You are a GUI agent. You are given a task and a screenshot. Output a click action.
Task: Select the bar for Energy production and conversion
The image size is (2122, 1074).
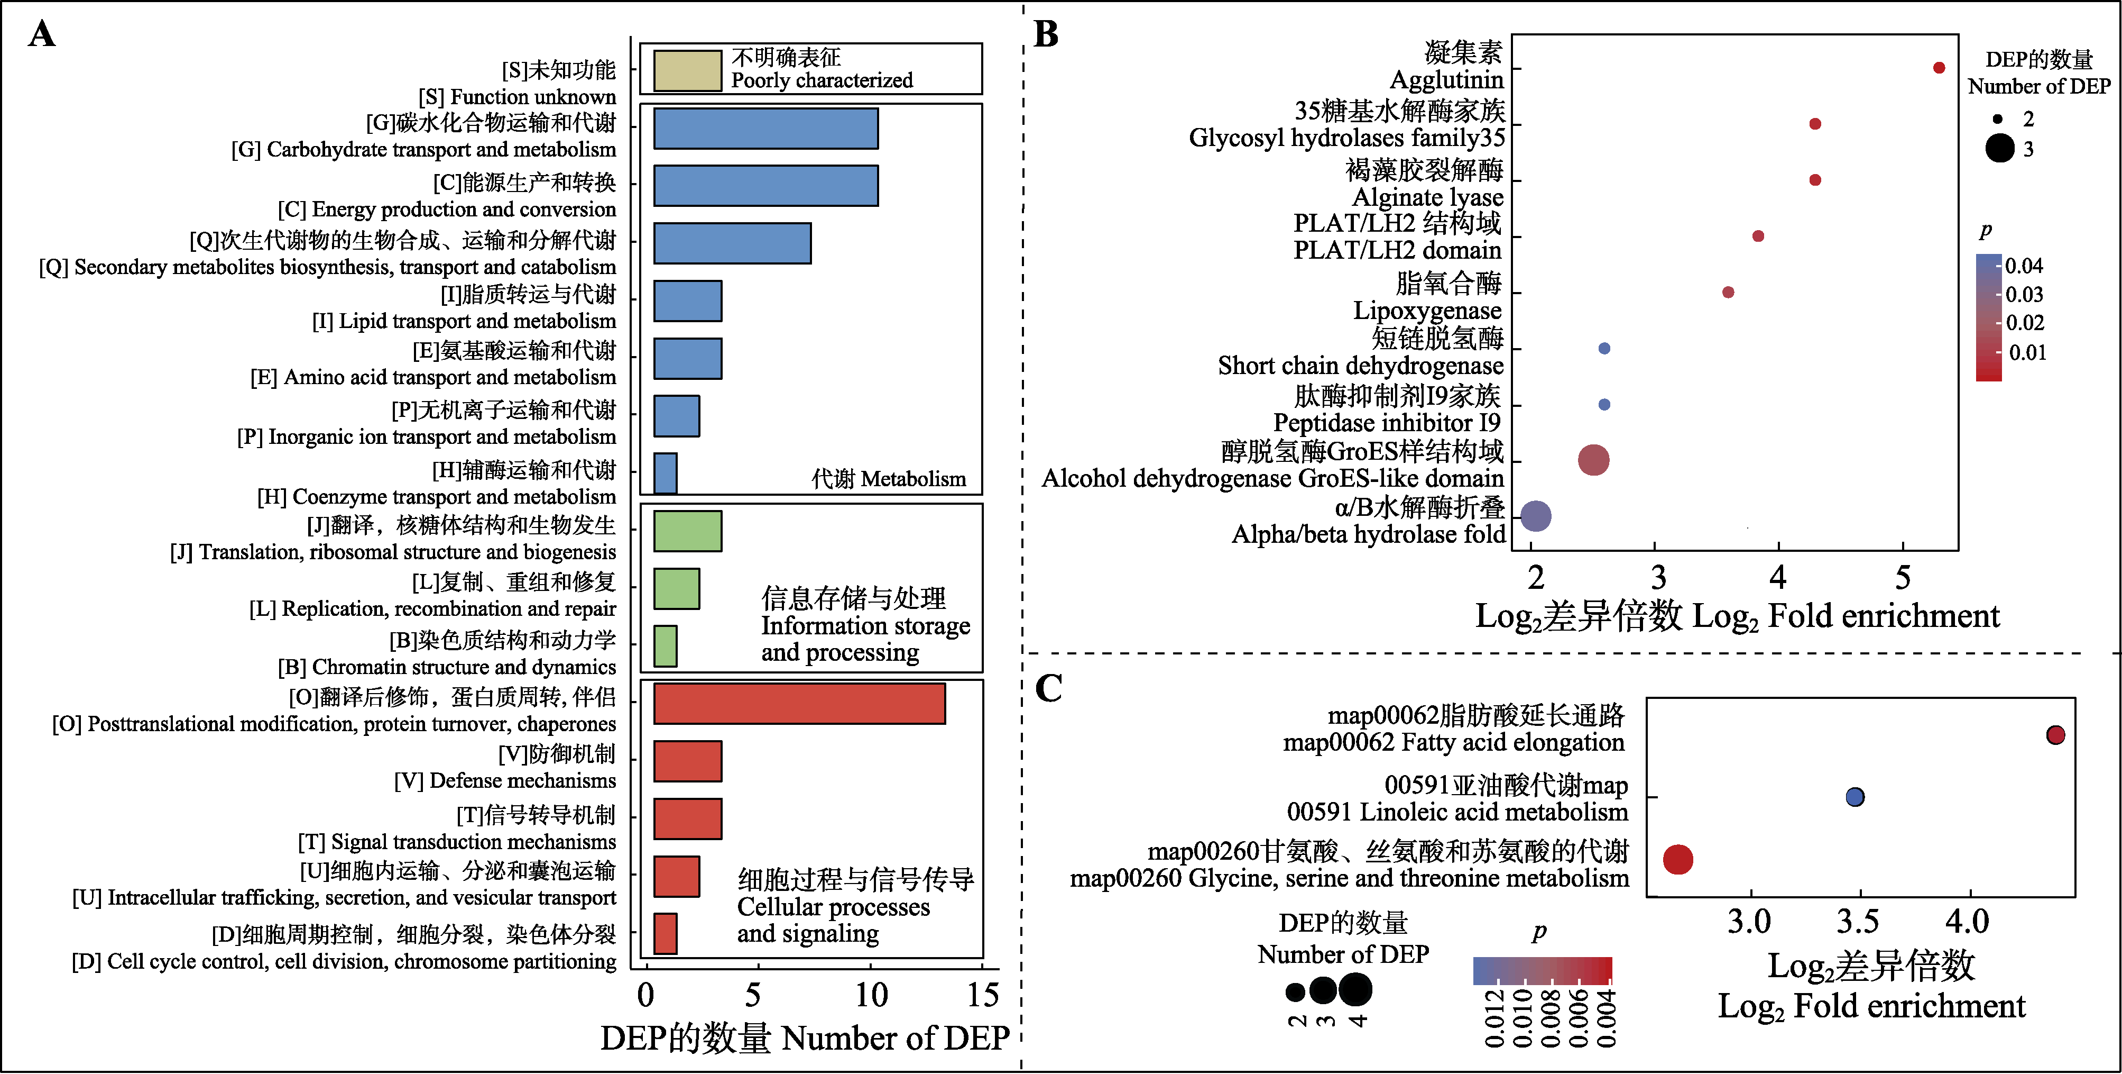coord(765,186)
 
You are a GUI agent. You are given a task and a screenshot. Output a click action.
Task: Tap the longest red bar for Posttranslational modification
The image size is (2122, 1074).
coord(799,704)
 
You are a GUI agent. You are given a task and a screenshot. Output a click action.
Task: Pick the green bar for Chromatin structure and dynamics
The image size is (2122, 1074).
coord(665,646)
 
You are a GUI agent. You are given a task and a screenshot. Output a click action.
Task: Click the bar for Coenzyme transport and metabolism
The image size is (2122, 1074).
coord(665,473)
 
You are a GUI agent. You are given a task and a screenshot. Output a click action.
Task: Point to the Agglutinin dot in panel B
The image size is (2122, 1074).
coord(1939,68)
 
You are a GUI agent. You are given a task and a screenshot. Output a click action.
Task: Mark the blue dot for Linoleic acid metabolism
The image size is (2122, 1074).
coord(1855,797)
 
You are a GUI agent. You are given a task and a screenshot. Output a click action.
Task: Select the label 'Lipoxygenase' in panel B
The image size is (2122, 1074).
coord(1427,311)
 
